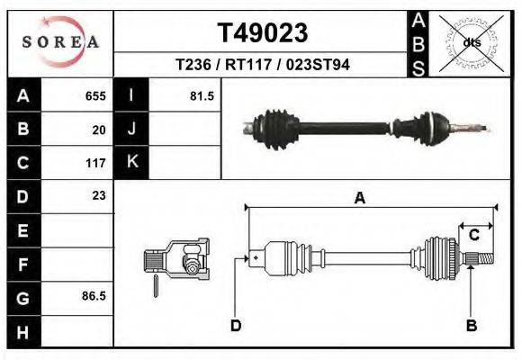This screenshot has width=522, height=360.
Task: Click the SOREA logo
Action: pyautogui.click(x=60, y=42)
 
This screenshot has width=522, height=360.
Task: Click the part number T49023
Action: pyautogui.click(x=263, y=32)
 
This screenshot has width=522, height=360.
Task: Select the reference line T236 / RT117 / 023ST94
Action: pyautogui.click(x=263, y=65)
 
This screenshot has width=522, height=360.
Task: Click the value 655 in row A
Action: pyautogui.click(x=95, y=95)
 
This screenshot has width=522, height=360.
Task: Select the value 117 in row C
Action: pyautogui.click(x=95, y=163)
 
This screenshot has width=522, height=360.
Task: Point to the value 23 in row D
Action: pyautogui.click(x=98, y=195)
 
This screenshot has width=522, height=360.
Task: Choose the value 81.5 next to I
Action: pyautogui.click(x=201, y=95)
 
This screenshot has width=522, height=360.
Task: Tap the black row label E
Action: pyautogui.click(x=23, y=230)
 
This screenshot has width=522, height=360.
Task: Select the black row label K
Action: pyautogui.click(x=131, y=163)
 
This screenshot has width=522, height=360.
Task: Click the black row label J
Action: pyautogui.click(x=131, y=130)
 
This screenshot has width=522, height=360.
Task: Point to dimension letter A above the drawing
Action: pyautogui.click(x=359, y=199)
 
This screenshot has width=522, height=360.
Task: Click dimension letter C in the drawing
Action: pyautogui.click(x=473, y=235)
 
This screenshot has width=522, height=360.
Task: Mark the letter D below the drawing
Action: pyautogui.click(x=235, y=326)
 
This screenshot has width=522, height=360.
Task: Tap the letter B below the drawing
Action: pyautogui.click(x=470, y=326)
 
